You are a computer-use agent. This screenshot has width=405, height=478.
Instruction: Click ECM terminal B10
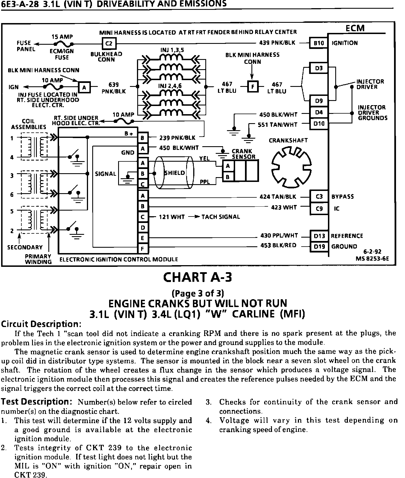(319, 43)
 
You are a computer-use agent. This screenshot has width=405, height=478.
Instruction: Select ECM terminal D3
(319, 68)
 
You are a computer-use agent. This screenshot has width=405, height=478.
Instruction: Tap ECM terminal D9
(319, 101)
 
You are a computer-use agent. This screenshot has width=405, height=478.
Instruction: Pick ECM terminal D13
(319, 236)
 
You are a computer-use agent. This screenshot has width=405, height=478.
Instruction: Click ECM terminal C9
(319, 209)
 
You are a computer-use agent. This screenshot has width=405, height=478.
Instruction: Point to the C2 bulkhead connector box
(109, 44)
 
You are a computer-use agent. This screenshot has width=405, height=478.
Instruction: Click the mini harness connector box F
(253, 87)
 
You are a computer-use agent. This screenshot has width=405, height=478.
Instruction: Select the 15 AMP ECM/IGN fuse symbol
(64, 44)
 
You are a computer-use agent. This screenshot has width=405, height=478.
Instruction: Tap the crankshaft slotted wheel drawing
(291, 168)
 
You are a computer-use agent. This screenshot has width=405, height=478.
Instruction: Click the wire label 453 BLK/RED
(278, 245)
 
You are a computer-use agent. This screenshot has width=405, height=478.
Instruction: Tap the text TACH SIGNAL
(220, 217)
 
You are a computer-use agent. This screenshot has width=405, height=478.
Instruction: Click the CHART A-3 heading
(198, 277)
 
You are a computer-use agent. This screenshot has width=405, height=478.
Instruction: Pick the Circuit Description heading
(41, 324)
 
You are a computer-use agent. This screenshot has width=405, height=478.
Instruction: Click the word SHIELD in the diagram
(175, 173)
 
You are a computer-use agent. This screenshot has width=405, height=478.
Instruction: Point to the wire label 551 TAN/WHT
(278, 125)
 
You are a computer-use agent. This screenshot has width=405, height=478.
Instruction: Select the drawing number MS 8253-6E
(372, 259)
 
